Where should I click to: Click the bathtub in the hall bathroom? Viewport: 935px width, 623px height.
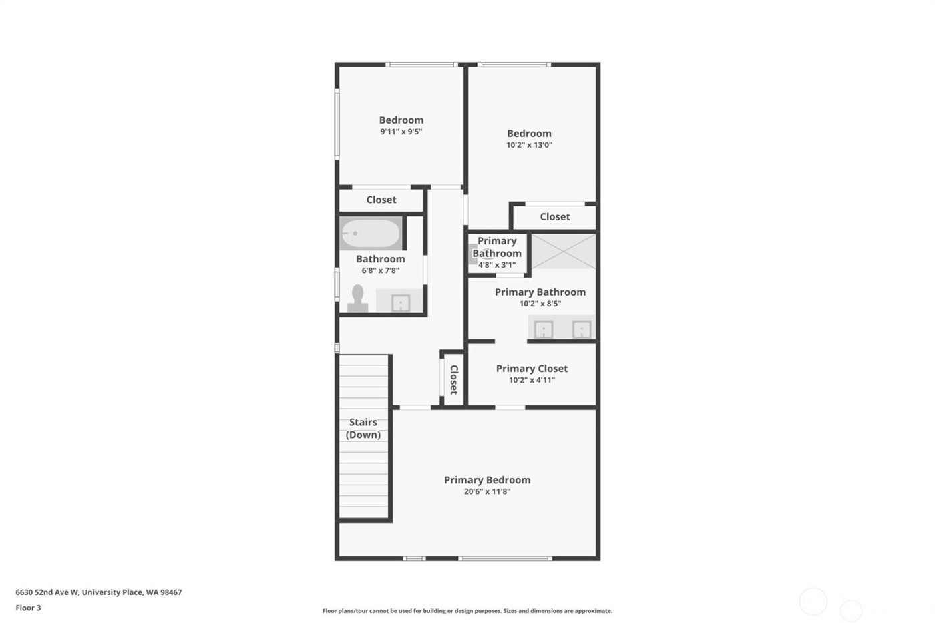[x=371, y=234]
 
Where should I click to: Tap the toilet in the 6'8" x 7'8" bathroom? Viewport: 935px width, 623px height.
[x=358, y=298]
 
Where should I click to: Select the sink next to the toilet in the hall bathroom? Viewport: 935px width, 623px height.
[x=400, y=302]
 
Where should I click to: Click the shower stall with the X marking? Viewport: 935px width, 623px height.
[x=563, y=251]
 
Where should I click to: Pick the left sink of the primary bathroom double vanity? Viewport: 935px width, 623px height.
[x=544, y=329]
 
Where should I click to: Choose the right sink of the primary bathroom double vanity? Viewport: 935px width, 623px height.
[x=581, y=329]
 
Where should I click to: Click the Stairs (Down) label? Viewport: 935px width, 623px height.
[x=363, y=428]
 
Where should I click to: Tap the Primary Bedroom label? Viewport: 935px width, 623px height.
[x=487, y=480]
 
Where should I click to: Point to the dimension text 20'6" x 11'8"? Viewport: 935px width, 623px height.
[x=487, y=492]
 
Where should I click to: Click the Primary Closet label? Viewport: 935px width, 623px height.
[x=532, y=368]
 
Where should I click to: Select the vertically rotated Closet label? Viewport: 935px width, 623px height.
[x=453, y=379]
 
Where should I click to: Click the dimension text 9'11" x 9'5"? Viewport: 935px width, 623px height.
[x=401, y=132]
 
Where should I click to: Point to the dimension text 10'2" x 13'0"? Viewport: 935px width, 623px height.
[x=529, y=145]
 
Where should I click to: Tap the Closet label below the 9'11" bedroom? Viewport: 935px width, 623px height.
[x=381, y=200]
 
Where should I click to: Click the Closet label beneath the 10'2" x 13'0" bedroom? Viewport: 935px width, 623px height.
[x=554, y=216]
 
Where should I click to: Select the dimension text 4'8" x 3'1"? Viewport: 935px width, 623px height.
[x=496, y=265]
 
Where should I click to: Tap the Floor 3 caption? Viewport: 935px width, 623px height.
[x=28, y=608]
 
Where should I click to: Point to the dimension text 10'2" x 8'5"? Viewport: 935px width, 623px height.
[x=540, y=304]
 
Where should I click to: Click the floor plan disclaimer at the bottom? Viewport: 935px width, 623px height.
[x=467, y=611]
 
